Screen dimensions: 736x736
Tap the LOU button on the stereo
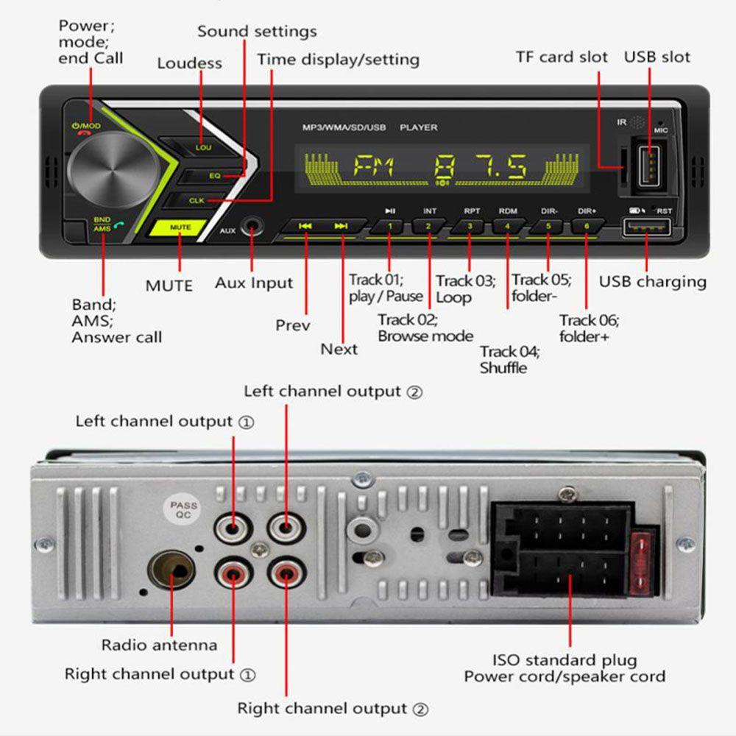coord(203,147)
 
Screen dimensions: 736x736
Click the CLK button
coord(197,200)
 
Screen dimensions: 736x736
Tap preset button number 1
coord(390,226)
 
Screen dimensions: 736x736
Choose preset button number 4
coord(507,226)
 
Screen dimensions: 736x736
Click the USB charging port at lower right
coord(647,228)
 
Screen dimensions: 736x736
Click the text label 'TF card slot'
coord(562,57)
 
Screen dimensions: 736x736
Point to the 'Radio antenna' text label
coord(159,645)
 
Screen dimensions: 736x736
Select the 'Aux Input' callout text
coord(253,283)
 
